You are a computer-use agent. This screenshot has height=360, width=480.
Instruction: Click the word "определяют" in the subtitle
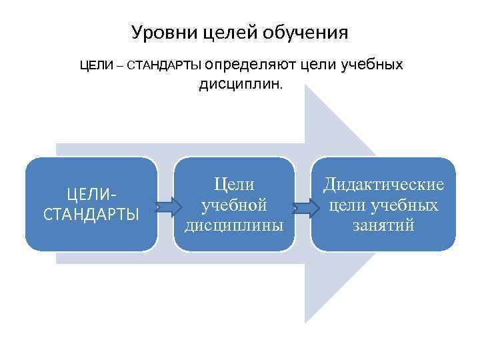pyautogui.click(x=256, y=65)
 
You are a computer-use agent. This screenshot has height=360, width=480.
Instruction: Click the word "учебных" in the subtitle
pyautogui.click(x=374, y=65)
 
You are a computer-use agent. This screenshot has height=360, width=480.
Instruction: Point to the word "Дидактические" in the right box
pyautogui.click(x=383, y=184)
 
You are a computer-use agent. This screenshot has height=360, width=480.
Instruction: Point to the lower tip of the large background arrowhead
pyautogui.click(x=306, y=321)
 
